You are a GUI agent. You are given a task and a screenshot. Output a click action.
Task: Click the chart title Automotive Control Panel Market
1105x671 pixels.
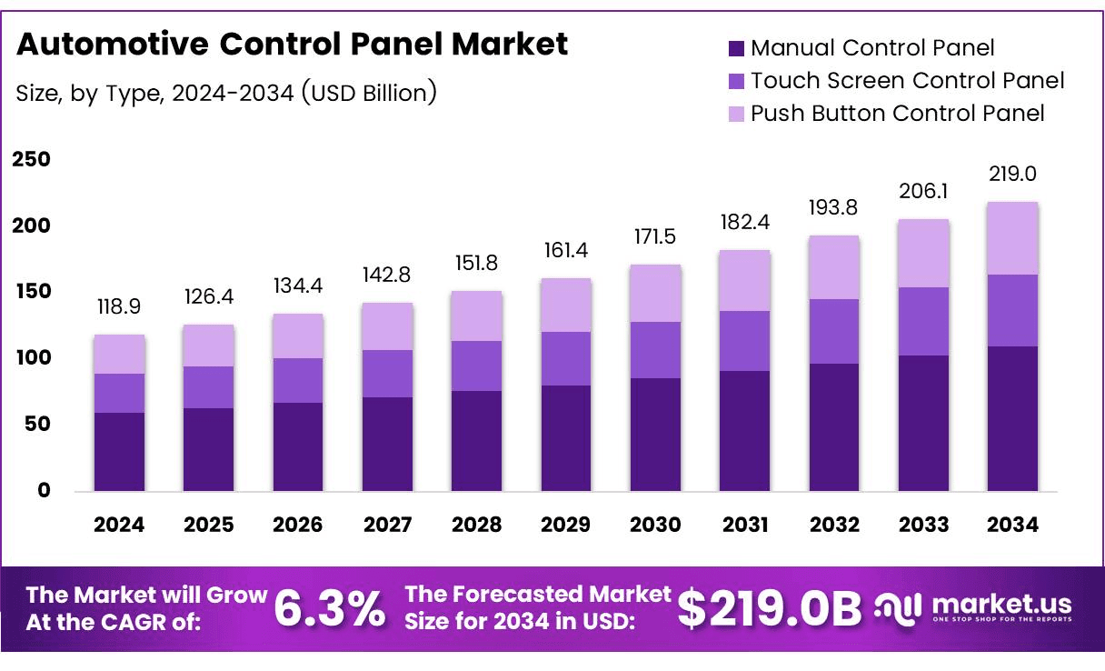pyautogui.click(x=293, y=44)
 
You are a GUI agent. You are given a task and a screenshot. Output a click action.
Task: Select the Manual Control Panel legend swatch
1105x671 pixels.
pyautogui.click(x=737, y=48)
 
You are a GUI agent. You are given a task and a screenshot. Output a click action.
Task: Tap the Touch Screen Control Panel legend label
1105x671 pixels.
pyautogui.click(x=907, y=80)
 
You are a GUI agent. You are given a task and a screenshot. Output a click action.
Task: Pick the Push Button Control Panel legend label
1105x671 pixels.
pyautogui.click(x=897, y=113)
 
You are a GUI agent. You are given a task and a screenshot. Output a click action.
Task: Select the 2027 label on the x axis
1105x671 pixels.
pyautogui.click(x=387, y=525)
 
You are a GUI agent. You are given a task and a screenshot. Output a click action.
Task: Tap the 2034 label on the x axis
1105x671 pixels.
pyautogui.click(x=1013, y=525)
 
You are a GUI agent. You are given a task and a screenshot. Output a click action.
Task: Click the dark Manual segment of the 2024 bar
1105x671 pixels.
pyautogui.click(x=119, y=452)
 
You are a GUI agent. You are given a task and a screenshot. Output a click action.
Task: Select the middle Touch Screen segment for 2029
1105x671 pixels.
pyautogui.click(x=566, y=358)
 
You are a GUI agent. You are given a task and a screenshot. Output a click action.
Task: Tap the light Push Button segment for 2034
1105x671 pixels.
pyautogui.click(x=1013, y=238)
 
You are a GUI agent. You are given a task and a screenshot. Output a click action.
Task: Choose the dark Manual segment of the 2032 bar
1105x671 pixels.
pyautogui.click(x=834, y=427)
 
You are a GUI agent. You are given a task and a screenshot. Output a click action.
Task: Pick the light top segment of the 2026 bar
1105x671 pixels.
pyautogui.click(x=298, y=335)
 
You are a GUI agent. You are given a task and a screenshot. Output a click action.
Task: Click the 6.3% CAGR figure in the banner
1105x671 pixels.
pyautogui.click(x=329, y=609)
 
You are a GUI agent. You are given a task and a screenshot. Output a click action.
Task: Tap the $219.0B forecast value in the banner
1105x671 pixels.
pyautogui.click(x=770, y=609)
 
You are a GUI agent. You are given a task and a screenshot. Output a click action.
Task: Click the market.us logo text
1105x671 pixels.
pyautogui.click(x=1001, y=604)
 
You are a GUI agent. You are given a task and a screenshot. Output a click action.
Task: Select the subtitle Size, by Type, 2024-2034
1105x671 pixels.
pyautogui.click(x=226, y=92)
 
